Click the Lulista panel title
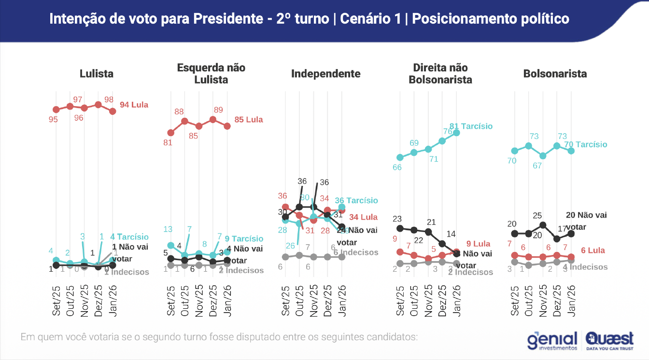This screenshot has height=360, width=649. [97, 74]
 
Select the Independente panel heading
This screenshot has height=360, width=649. [325, 74]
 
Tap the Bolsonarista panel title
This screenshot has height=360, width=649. [555, 74]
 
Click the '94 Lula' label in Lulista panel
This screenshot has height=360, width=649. [134, 105]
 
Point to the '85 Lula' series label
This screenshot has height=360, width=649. [248, 120]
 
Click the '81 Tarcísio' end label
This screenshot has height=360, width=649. [471, 126]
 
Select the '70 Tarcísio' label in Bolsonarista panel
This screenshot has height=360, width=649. [585, 145]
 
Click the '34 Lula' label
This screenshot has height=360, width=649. [363, 218]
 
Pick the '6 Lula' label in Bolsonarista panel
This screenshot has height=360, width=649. [593, 251]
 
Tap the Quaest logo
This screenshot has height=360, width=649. [609, 340]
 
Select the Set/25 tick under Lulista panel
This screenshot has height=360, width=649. [56, 300]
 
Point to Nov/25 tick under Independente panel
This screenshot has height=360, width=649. [313, 300]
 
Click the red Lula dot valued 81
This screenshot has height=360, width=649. [170, 133]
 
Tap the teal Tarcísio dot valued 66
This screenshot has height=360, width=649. [400, 157]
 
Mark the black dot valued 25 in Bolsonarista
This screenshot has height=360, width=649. [543, 225]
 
